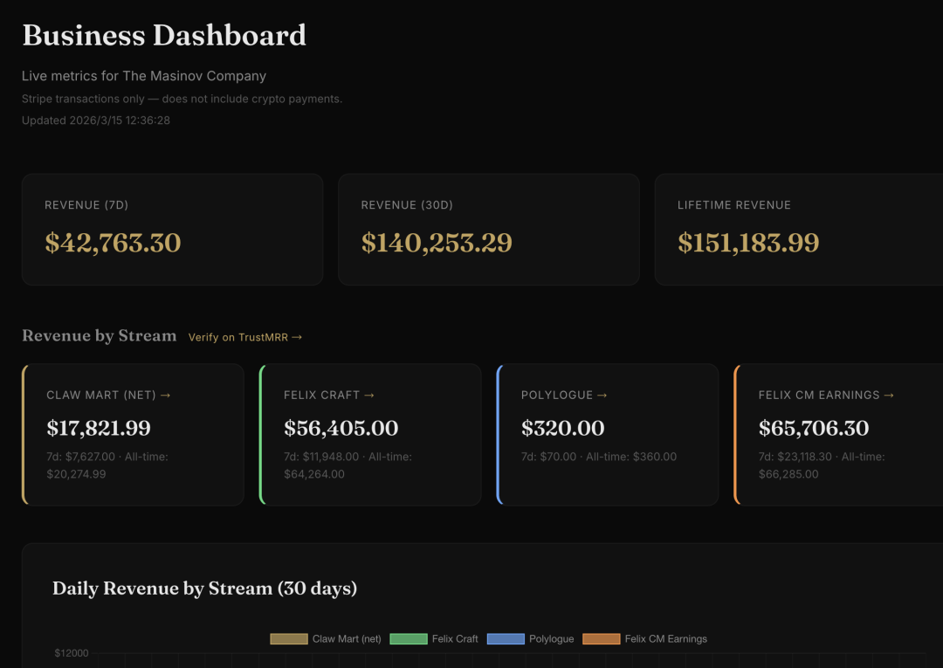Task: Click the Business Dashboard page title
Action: (x=164, y=36)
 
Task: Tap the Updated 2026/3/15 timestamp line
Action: (x=96, y=121)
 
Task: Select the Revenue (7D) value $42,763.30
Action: (x=113, y=243)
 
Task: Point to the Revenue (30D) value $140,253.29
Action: (x=437, y=243)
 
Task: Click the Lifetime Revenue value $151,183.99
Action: (x=748, y=243)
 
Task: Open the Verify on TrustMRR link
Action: (x=245, y=337)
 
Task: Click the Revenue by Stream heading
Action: (x=99, y=336)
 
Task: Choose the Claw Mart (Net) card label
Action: (x=108, y=396)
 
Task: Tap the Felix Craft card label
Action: (x=328, y=396)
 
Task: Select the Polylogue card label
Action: (x=563, y=396)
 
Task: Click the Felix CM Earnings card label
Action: (x=826, y=396)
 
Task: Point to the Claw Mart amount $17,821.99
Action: (x=99, y=429)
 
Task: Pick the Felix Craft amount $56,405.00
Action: (x=341, y=429)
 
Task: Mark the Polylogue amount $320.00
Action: (x=562, y=429)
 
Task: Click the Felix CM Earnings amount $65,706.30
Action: (x=814, y=429)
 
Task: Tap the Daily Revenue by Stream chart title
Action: (x=204, y=589)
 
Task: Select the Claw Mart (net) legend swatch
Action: (x=289, y=639)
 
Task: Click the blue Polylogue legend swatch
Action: (x=506, y=639)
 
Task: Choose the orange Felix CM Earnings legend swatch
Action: (x=601, y=639)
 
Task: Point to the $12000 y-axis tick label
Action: (x=72, y=653)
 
